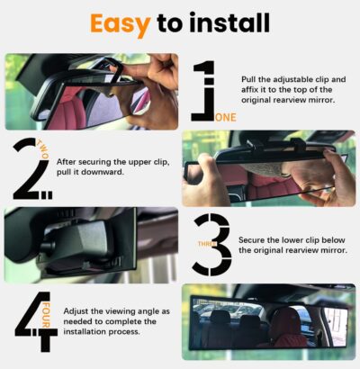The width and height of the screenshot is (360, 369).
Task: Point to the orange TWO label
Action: click(44, 149)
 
